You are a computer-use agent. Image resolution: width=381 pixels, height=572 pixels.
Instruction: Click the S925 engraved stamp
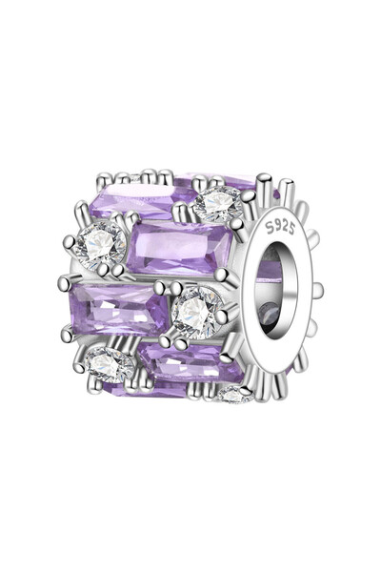[x=280, y=228]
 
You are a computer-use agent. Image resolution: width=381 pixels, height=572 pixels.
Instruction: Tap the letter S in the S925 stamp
[x=270, y=229]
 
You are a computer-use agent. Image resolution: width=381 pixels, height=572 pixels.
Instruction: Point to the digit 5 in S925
[x=291, y=229]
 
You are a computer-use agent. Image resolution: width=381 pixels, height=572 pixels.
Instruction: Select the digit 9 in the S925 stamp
[x=277, y=226]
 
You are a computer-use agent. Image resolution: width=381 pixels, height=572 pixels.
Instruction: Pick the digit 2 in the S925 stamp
[x=284, y=227]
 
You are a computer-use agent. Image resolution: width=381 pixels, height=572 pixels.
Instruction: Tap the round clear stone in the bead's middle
[x=197, y=313]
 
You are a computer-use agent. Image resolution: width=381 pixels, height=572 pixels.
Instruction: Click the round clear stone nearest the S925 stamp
[x=218, y=204]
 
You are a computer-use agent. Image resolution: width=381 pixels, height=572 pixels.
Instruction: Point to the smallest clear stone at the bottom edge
[x=233, y=395]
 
